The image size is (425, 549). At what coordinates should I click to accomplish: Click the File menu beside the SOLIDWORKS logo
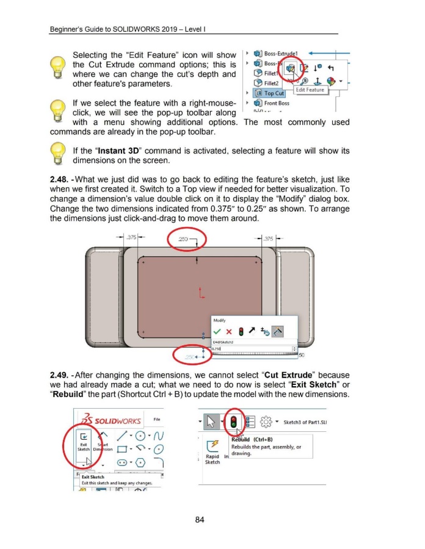click(157, 418)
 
